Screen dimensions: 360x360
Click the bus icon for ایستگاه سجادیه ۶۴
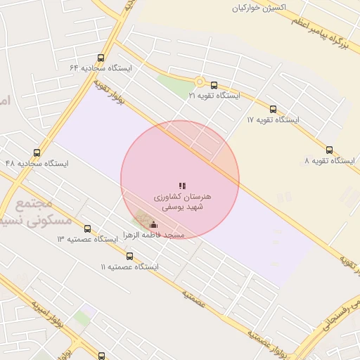pyautogui.click(x=101, y=58)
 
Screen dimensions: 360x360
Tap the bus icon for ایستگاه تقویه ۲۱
pyautogui.click(x=214, y=85)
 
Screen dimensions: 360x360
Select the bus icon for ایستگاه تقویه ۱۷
pyautogui.click(x=273, y=109)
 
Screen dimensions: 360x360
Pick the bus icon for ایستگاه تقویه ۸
pyautogui.click(x=330, y=150)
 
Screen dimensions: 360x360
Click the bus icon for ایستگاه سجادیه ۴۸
pyautogui.click(x=37, y=153)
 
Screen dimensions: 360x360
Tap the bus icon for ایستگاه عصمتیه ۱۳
pyautogui.click(x=87, y=229)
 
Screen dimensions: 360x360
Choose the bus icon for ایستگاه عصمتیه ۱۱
pyautogui.click(x=129, y=256)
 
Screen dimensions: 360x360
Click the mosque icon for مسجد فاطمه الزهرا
pyautogui.click(x=153, y=225)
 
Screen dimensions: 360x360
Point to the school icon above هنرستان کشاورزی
pyautogui.click(x=182, y=186)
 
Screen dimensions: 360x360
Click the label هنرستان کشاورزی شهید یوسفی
pyautogui.click(x=182, y=202)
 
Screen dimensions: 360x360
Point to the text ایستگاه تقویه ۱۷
pyautogui.click(x=273, y=120)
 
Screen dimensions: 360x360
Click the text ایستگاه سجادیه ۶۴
pyautogui.click(x=101, y=68)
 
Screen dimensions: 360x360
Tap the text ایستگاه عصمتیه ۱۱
pyautogui.click(x=129, y=267)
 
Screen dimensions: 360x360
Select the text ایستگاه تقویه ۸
pyautogui.click(x=330, y=161)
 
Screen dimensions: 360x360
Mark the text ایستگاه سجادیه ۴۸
pyautogui.click(x=37, y=163)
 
